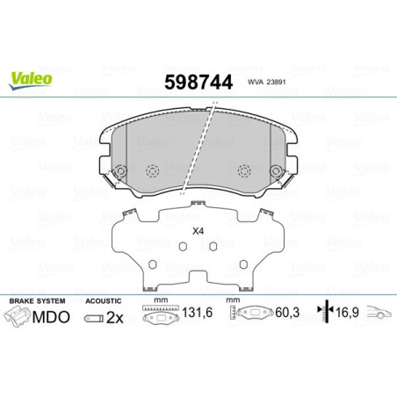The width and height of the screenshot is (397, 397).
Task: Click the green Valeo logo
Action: pyautogui.click(x=31, y=78)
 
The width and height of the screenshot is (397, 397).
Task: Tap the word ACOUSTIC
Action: pyautogui.click(x=102, y=300)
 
